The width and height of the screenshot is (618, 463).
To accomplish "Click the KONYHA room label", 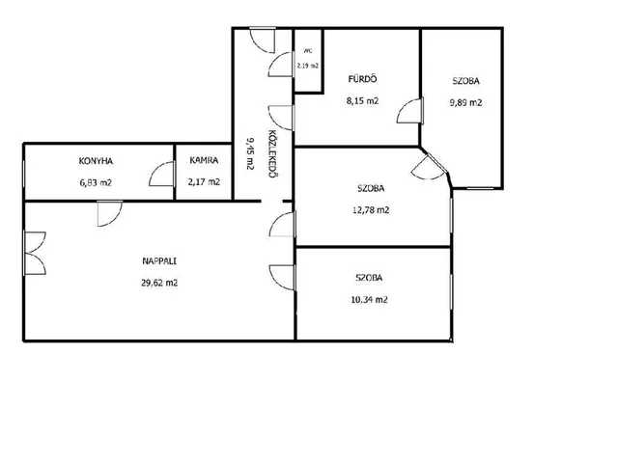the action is click(x=96, y=161).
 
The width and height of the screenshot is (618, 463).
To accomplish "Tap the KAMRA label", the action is click(x=204, y=160).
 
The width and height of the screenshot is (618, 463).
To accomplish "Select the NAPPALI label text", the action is click(x=159, y=260).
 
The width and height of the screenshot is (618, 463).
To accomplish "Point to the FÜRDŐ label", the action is click(x=363, y=79).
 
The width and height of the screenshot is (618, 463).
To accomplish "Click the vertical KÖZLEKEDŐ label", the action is click(x=271, y=153).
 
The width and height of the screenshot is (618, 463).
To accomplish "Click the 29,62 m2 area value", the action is click(x=159, y=283).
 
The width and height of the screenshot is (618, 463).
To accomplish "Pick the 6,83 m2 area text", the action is click(x=96, y=182).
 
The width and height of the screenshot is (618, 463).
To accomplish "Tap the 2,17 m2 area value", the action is click(x=204, y=182).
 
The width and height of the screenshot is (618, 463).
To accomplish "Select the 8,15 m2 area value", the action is click(x=363, y=100).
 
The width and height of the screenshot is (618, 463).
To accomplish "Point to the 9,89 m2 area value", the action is click(x=465, y=103).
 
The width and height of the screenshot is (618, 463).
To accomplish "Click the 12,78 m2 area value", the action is click(x=371, y=210).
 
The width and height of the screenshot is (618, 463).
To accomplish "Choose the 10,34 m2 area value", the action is click(x=369, y=300).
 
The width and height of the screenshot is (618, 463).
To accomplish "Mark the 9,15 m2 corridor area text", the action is click(x=249, y=153).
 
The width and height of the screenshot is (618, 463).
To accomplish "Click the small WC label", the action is click(x=308, y=51).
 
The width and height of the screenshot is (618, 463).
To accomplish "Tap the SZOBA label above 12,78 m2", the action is click(x=371, y=188).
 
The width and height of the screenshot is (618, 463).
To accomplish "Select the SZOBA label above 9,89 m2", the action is click(x=465, y=81).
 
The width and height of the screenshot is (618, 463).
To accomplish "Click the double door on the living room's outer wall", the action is click(x=35, y=253).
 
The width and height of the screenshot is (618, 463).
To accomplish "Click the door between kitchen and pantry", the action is click(x=161, y=174).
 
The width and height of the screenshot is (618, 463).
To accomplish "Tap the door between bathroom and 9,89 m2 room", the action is click(x=410, y=111).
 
